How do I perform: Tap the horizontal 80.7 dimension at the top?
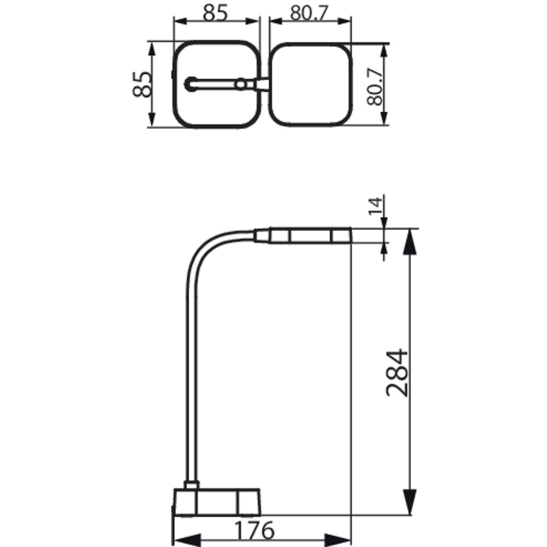coord(310,13)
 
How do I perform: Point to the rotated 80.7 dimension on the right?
coord(374,84)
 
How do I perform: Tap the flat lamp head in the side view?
coord(309,236)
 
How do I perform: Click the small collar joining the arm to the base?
coord(191,485)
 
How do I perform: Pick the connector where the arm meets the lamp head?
coord(261,235)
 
